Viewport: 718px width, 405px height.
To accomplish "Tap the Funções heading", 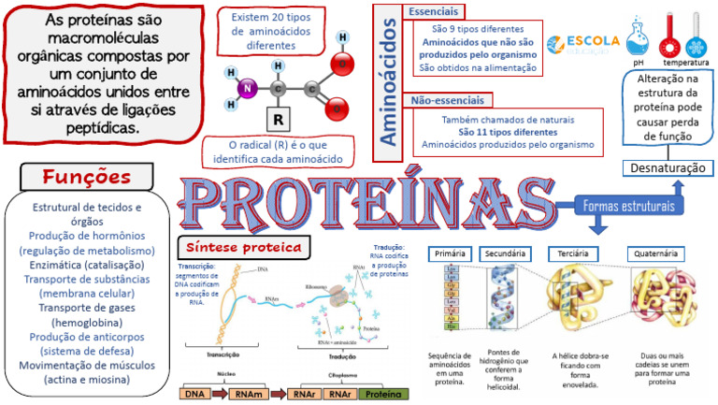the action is click(x=86, y=177).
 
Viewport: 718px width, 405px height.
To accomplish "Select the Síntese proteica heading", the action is click(x=245, y=247).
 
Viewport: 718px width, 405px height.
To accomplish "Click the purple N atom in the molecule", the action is click(x=249, y=90).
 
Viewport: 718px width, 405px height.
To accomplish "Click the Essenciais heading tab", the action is click(x=434, y=11).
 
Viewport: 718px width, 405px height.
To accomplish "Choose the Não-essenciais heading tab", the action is click(x=446, y=100).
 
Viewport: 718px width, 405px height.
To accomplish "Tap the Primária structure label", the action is click(x=451, y=253).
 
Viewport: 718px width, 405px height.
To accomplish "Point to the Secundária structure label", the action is click(x=507, y=253).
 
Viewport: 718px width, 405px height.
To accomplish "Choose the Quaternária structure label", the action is click(x=655, y=253).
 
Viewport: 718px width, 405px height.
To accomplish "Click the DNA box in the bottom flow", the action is click(x=195, y=394).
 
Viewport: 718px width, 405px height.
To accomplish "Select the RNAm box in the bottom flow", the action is click(x=251, y=394).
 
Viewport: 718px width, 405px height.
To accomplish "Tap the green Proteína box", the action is click(x=384, y=394).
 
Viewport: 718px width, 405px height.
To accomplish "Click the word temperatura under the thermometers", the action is click(x=686, y=63).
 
